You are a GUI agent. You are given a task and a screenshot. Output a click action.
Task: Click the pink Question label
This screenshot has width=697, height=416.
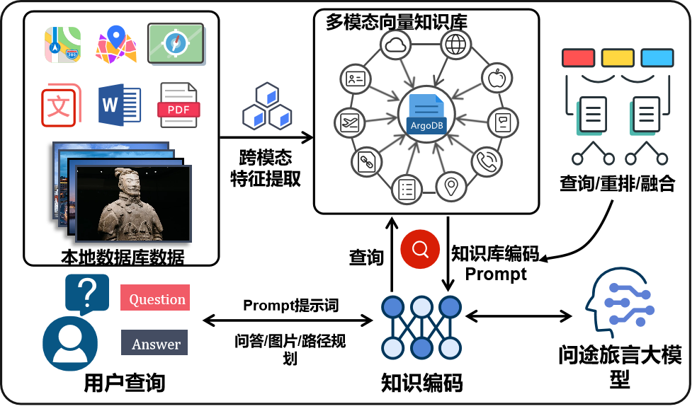tap(157, 299)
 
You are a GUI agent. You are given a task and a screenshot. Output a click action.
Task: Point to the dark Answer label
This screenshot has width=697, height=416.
tap(154, 344)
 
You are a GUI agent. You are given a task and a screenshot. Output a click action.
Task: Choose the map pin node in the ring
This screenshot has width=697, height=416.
tap(450, 186)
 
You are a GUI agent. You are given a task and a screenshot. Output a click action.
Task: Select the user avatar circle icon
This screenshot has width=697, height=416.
tap(69, 343)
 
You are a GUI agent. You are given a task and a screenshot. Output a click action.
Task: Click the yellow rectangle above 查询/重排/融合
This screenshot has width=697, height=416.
tap(617, 57)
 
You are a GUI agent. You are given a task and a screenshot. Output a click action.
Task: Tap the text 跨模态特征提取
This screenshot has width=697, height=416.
tap(266, 168)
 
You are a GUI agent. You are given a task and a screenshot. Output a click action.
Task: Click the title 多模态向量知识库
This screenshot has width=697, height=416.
tap(396, 22)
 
